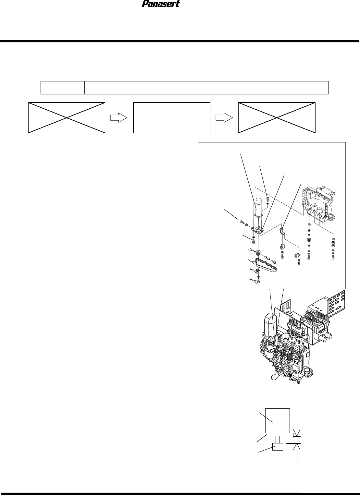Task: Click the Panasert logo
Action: tap(161, 4)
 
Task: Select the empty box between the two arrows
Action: tap(171, 117)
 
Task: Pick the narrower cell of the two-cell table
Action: tap(62, 88)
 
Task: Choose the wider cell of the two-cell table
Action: tap(206, 88)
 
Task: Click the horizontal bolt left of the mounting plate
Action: tap(242, 222)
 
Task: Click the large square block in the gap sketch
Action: tap(278, 420)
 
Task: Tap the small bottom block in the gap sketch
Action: tap(278, 447)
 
